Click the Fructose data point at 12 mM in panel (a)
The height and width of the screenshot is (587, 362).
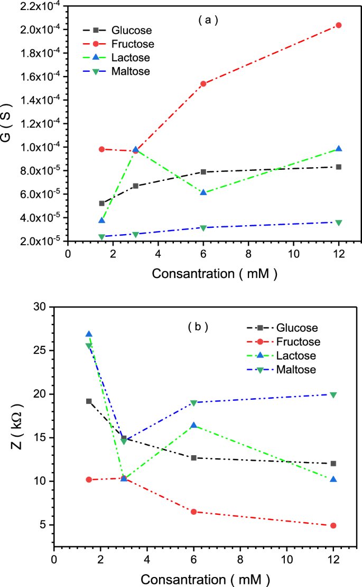point(339,25)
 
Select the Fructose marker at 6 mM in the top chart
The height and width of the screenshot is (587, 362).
point(203,83)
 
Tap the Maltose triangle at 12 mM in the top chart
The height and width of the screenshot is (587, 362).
point(339,223)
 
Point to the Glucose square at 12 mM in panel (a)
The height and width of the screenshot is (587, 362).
point(339,167)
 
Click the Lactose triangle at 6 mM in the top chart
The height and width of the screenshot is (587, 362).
point(203,193)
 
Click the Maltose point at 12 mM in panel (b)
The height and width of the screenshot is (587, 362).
point(333,394)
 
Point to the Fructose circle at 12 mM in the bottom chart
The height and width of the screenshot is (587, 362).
point(333,525)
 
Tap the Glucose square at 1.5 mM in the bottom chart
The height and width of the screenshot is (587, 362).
point(89,401)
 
